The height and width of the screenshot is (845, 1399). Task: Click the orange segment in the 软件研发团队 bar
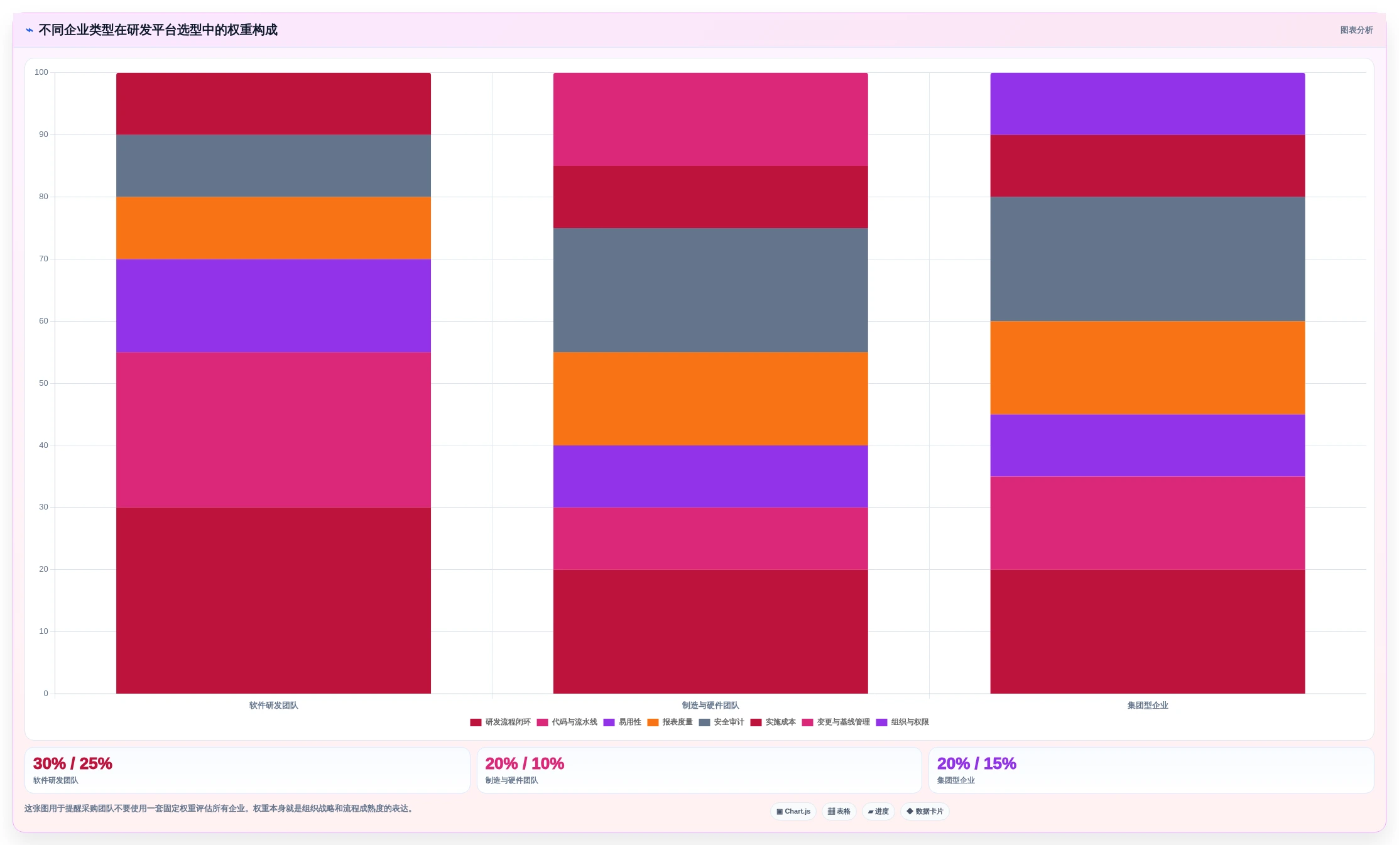pyautogui.click(x=273, y=228)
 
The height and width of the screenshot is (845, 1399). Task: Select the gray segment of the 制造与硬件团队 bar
pyautogui.click(x=710, y=290)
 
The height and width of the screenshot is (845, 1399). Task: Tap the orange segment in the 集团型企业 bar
pyautogui.click(x=1148, y=368)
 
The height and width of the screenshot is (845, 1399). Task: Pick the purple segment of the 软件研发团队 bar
pyautogui.click(x=273, y=305)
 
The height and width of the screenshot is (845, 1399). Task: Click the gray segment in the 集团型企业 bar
pyautogui.click(x=1148, y=259)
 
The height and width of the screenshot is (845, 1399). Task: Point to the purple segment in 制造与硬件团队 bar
pyautogui.click(x=710, y=476)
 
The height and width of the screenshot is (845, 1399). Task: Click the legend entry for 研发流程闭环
pyautogui.click(x=501, y=722)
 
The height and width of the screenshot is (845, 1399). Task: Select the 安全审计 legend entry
pyautogui.click(x=722, y=722)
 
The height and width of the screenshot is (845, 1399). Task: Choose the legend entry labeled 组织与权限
pyautogui.click(x=903, y=722)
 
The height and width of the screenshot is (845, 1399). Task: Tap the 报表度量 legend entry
pyautogui.click(x=670, y=722)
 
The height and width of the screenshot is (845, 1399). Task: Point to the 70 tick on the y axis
pyautogui.click(x=43, y=259)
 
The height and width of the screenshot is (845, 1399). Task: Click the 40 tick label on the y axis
pyautogui.click(x=43, y=445)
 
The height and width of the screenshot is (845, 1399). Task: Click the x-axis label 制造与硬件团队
pyautogui.click(x=710, y=706)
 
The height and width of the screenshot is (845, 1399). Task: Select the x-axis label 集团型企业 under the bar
pyautogui.click(x=1148, y=706)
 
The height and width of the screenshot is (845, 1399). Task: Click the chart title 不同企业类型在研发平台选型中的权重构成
pyautogui.click(x=158, y=30)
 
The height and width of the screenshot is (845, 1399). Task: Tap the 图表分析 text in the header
pyautogui.click(x=1356, y=30)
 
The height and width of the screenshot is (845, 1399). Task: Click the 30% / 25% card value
pyautogui.click(x=73, y=763)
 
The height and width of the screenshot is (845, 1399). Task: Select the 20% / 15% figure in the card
pyautogui.click(x=977, y=763)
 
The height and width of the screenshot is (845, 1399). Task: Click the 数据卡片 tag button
pyautogui.click(x=925, y=811)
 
